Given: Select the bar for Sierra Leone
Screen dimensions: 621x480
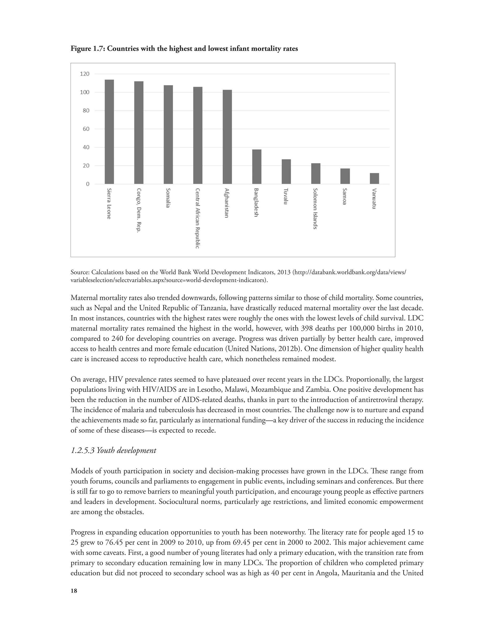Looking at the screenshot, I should point(109,132).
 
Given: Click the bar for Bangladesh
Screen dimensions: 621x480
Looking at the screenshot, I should point(257,167).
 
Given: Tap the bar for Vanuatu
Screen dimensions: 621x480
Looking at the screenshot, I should point(374,178).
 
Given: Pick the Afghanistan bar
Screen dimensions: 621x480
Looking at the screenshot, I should point(227,137).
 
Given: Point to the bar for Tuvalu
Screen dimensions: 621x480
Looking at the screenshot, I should point(286,172).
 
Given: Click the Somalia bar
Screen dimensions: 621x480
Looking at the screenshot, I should point(168,135).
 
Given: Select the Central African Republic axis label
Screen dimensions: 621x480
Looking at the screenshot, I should point(197,218).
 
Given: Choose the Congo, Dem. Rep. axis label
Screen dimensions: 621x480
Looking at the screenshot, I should point(139,210).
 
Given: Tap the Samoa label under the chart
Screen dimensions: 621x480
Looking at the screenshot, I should point(344,196).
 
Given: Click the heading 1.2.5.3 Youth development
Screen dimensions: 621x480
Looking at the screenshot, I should point(113,450).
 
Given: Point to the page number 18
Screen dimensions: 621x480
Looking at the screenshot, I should point(74,591).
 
